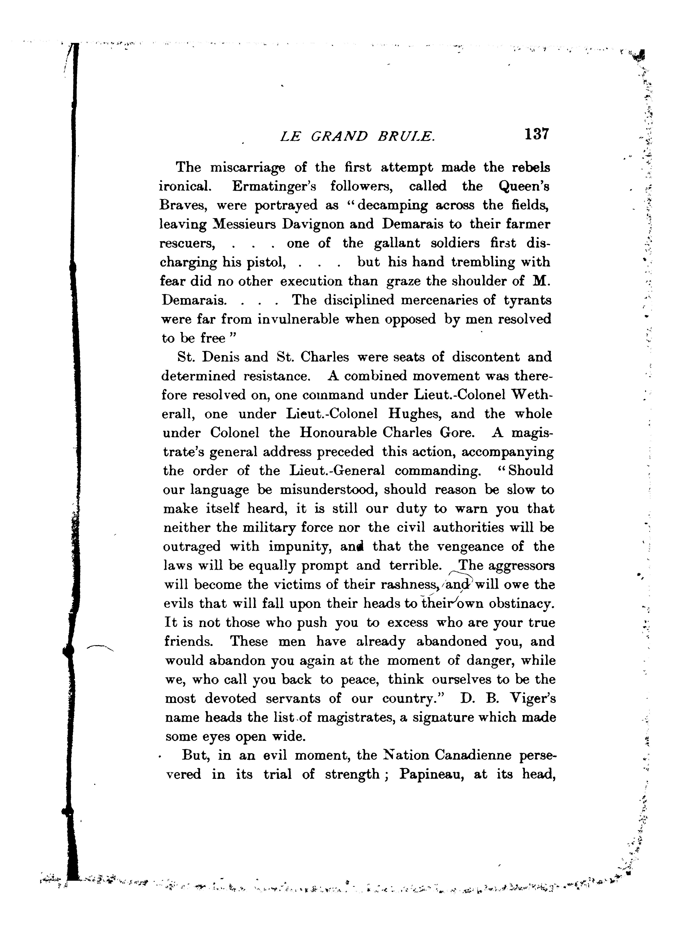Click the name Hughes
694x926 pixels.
413,414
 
